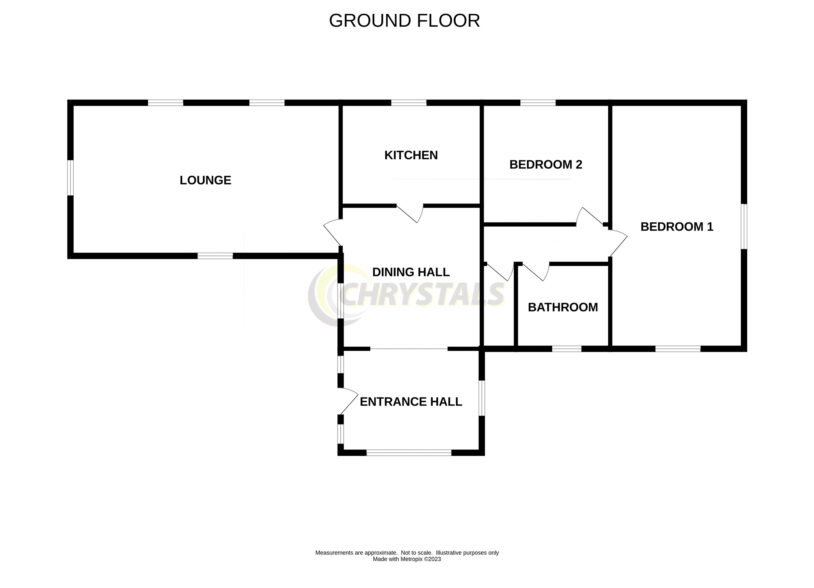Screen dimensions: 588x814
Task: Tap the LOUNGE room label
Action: (x=205, y=180)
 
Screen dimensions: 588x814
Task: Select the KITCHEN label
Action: (x=411, y=155)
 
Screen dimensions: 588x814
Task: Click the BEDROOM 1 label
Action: (x=677, y=226)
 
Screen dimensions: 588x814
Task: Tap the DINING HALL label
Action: (x=411, y=272)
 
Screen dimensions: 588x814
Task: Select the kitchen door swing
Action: (x=411, y=213)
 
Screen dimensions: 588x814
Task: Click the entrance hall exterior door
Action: (x=348, y=401)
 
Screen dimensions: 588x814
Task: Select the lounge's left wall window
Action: (x=71, y=178)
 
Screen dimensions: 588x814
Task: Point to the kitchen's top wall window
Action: (x=409, y=103)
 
